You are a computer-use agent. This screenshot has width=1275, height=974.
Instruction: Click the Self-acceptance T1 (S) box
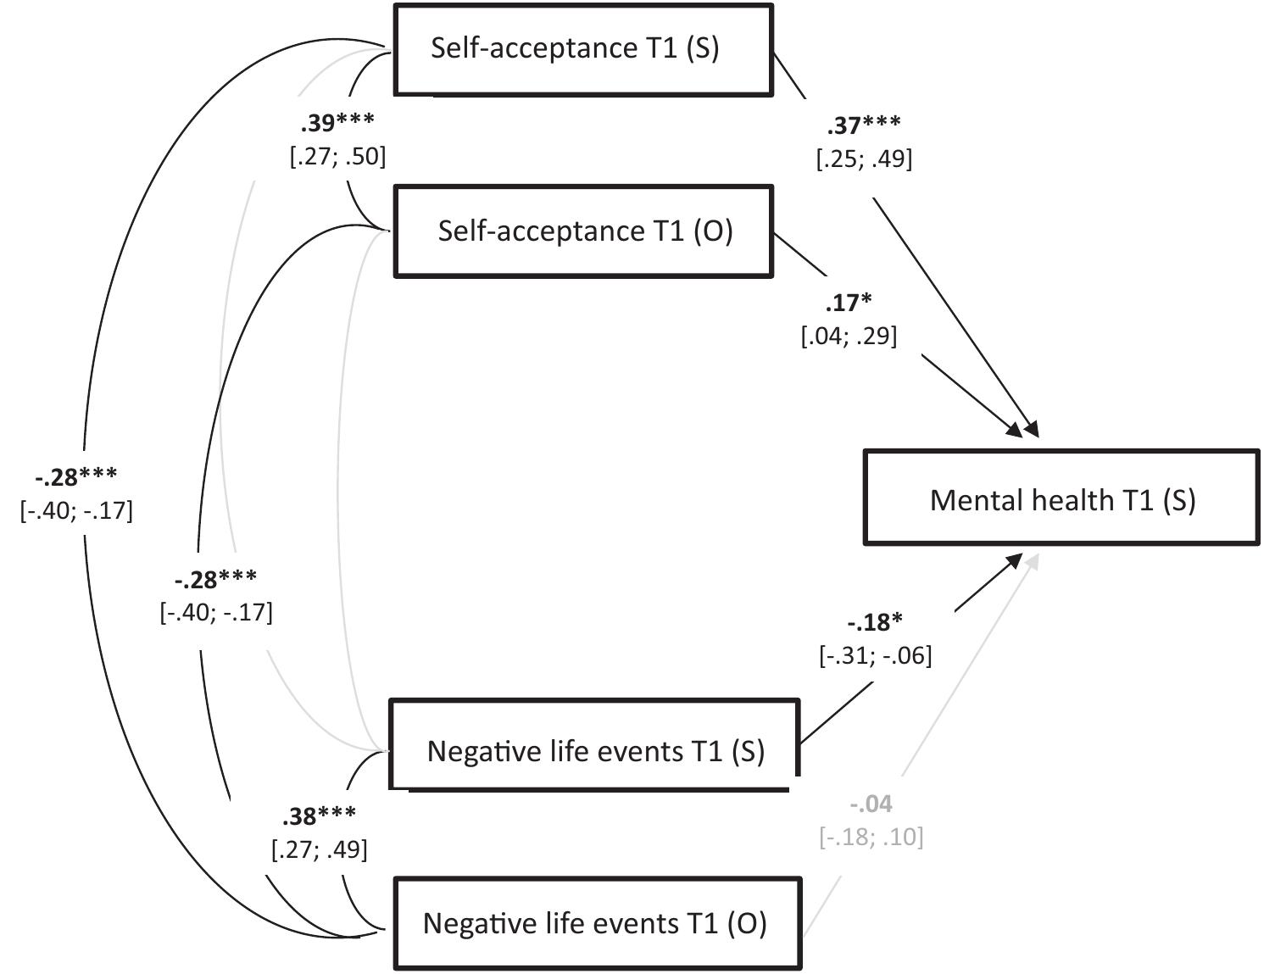click(583, 49)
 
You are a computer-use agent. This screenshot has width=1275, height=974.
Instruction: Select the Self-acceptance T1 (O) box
click(583, 231)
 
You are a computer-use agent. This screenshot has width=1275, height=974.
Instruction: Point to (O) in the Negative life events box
click(747, 923)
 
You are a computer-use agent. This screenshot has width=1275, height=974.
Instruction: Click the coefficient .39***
click(337, 124)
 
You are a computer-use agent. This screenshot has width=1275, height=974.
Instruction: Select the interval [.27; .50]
click(337, 157)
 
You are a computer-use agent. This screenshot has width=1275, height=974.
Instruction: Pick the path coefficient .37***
click(864, 125)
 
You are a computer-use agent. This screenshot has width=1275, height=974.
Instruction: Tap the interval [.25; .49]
click(864, 159)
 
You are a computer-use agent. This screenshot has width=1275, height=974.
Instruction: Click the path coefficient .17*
click(849, 303)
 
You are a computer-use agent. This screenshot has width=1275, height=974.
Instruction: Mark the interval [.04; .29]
click(849, 337)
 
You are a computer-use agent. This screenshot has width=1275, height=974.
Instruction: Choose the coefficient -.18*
click(875, 622)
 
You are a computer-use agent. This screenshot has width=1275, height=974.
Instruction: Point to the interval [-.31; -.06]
click(875, 655)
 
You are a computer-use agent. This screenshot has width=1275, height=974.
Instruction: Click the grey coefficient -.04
click(871, 804)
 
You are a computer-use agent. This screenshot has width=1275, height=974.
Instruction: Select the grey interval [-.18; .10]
click(871, 837)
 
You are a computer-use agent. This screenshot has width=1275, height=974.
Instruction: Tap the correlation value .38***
click(319, 816)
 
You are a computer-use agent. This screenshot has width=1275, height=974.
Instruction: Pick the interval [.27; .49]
click(319, 849)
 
